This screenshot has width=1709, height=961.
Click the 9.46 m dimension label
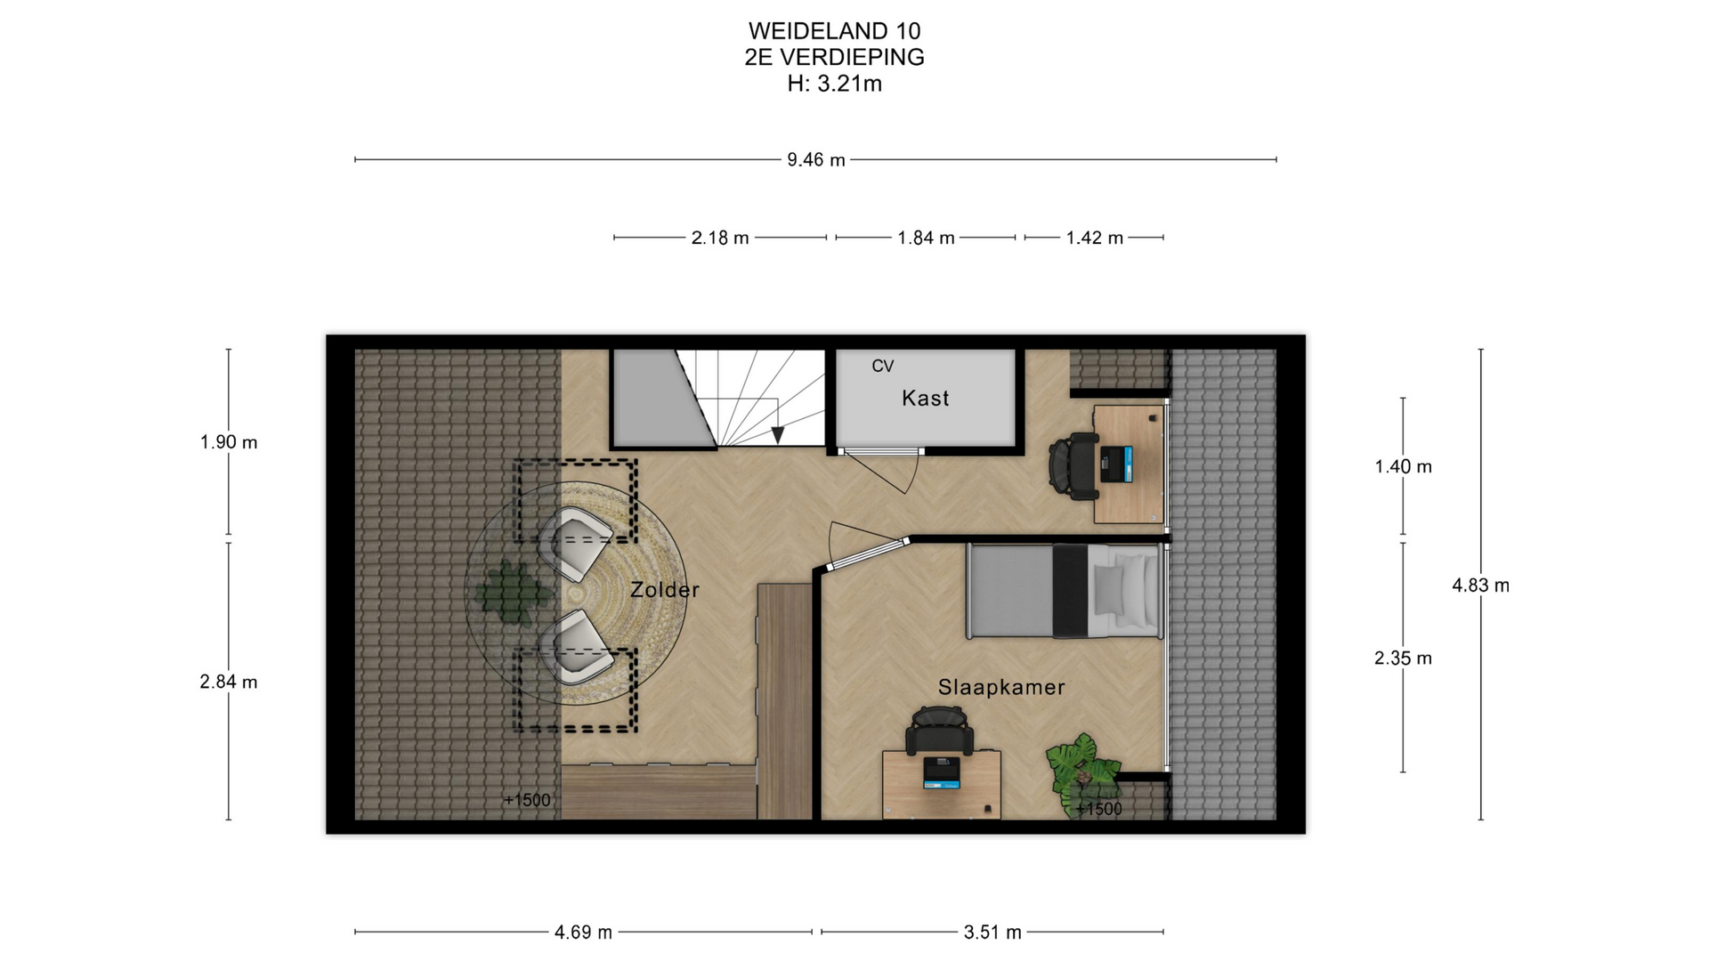(x=815, y=160)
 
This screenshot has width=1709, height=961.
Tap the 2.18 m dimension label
(x=720, y=238)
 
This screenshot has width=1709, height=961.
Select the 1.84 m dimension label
(x=926, y=238)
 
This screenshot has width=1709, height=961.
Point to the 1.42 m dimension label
(x=1095, y=238)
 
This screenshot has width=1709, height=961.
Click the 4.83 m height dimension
(x=1481, y=585)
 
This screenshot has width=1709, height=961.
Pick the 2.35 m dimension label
(x=1403, y=658)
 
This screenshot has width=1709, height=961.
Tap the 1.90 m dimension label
(x=229, y=442)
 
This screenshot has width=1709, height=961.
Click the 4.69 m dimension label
(x=583, y=933)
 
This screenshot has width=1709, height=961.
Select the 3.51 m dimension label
(x=992, y=933)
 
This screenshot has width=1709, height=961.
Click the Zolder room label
(x=665, y=590)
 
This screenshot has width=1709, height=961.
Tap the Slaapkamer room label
(x=1001, y=687)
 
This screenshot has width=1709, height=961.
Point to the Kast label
(x=926, y=399)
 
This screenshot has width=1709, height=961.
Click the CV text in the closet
(x=882, y=366)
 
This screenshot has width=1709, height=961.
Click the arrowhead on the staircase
(x=778, y=434)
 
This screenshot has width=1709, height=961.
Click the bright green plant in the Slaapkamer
(x=1082, y=770)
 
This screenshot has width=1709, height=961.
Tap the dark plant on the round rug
(x=511, y=593)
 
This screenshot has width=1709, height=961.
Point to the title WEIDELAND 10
(x=835, y=31)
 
